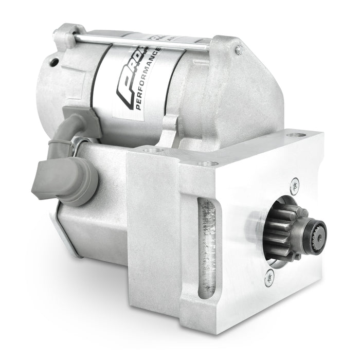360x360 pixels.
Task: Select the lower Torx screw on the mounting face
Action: pyautogui.click(x=269, y=278)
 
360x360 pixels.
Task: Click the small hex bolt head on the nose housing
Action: pyautogui.click(x=239, y=50)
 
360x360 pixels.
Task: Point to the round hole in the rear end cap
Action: pyautogui.click(x=53, y=62)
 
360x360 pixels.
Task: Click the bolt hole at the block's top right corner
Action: pyautogui.click(x=295, y=135)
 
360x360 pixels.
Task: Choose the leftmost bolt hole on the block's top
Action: pyautogui.click(x=149, y=150)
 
